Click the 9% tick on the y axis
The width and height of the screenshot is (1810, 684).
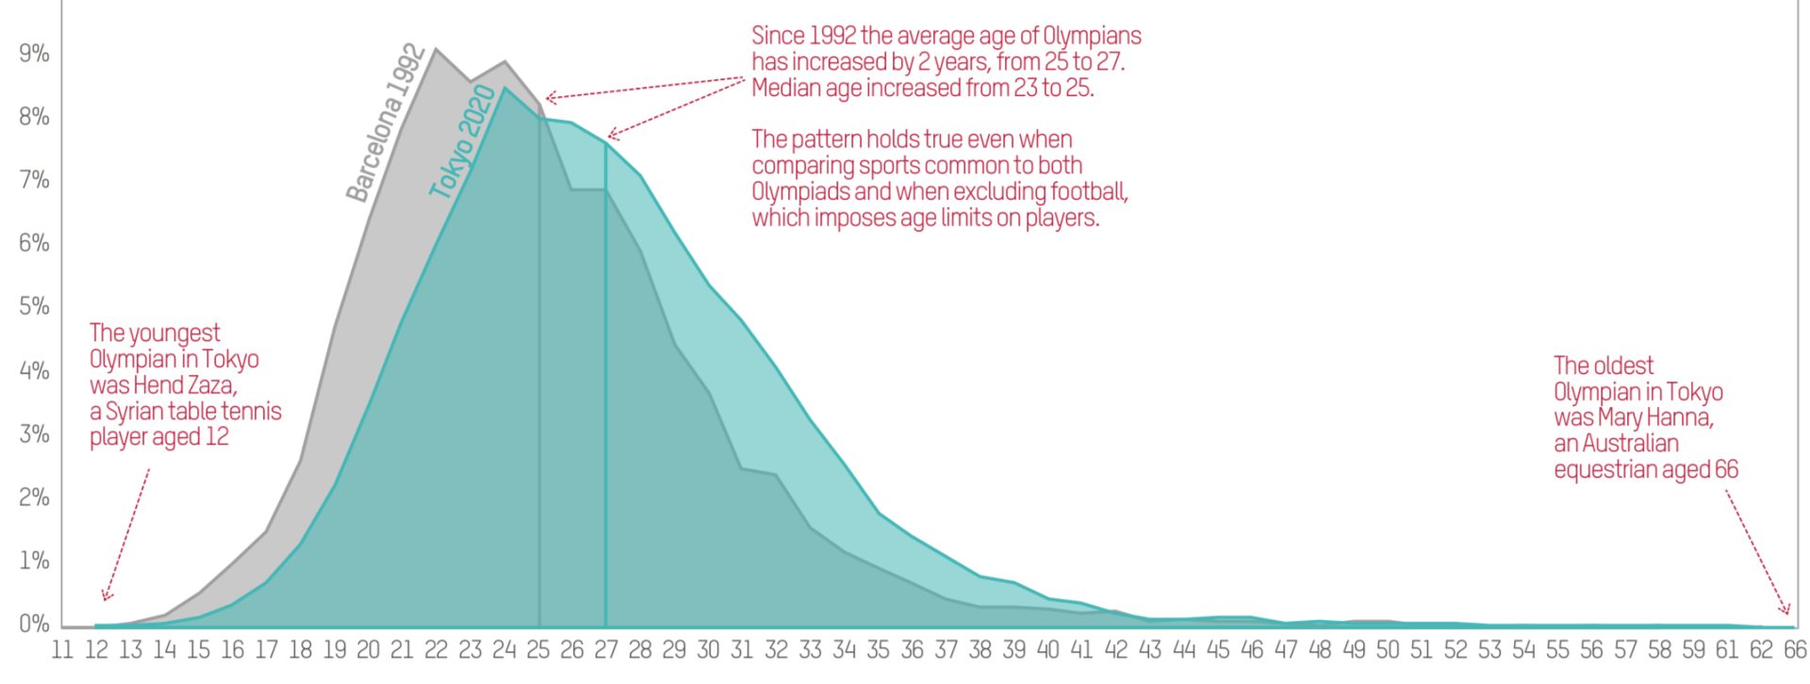[34, 54]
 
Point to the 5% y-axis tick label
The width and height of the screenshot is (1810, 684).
[34, 306]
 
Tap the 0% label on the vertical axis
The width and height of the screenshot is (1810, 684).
[34, 624]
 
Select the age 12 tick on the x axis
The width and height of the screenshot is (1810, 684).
[96, 650]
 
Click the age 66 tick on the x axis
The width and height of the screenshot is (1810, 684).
[1795, 650]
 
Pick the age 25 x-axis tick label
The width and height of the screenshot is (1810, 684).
[538, 650]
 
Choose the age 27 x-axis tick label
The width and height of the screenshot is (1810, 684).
[606, 650]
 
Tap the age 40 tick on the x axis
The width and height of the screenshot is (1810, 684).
[1048, 650]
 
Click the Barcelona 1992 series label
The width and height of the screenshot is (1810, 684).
[387, 122]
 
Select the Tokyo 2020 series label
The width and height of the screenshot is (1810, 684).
[462, 141]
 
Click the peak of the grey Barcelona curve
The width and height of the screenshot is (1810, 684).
[435, 49]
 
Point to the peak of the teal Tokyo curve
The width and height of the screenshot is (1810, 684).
[505, 88]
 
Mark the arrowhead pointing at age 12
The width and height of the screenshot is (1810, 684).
[106, 594]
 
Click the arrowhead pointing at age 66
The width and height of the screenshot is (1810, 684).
[1785, 609]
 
